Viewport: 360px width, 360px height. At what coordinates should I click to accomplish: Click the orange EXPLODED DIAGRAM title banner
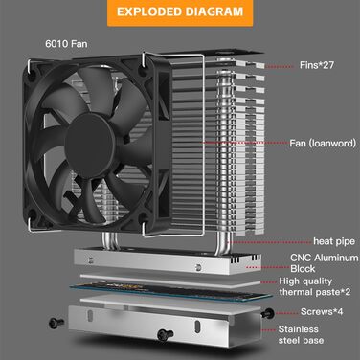[x=180, y=14]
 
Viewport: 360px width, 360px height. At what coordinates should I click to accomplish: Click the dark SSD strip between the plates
[x=153, y=284]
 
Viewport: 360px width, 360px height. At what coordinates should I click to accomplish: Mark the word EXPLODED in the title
[x=148, y=14]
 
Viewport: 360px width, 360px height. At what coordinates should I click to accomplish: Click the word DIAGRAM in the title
[x=217, y=14]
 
